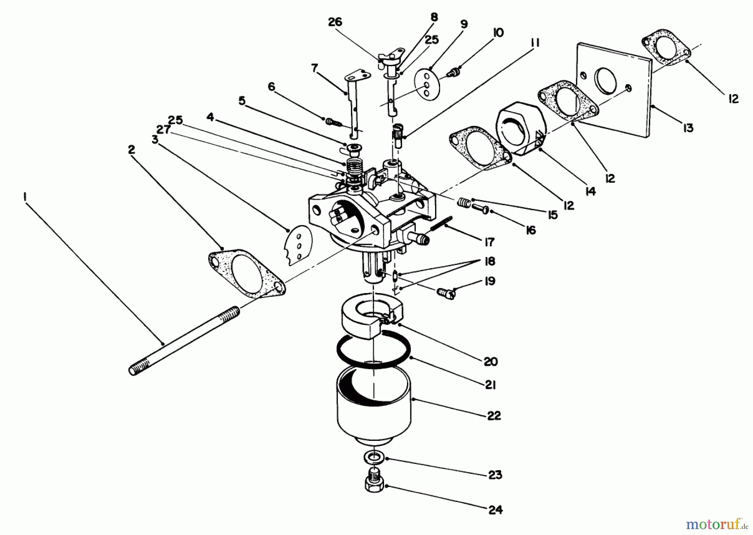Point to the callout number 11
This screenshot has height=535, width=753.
tap(535, 43)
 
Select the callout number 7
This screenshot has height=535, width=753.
tap(315, 67)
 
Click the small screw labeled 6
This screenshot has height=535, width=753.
tap(332, 122)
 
